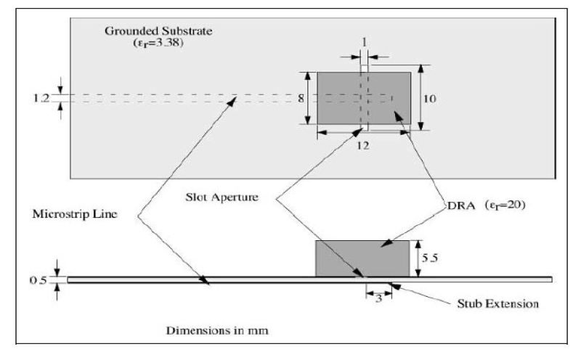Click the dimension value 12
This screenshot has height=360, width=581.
tap(363, 145)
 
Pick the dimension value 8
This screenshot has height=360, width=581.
tap(301, 98)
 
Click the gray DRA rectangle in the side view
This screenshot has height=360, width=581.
tap(363, 258)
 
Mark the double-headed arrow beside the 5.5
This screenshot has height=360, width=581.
tap(417, 258)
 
